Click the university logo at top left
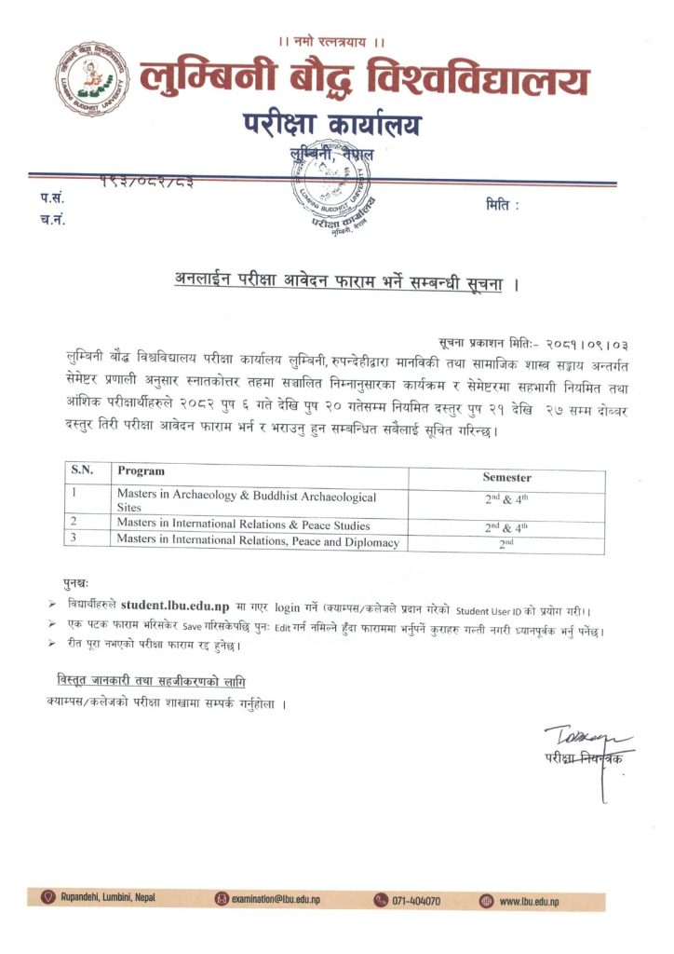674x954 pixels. point(90,78)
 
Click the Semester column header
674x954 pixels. point(506,476)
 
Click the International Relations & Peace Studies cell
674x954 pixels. point(243,525)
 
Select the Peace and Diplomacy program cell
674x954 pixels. point(258,542)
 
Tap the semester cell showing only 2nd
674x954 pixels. point(506,543)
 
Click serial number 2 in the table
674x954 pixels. point(74,525)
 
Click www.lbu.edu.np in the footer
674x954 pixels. point(529,900)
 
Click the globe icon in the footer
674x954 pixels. point(486,900)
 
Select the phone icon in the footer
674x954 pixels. point(380,900)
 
